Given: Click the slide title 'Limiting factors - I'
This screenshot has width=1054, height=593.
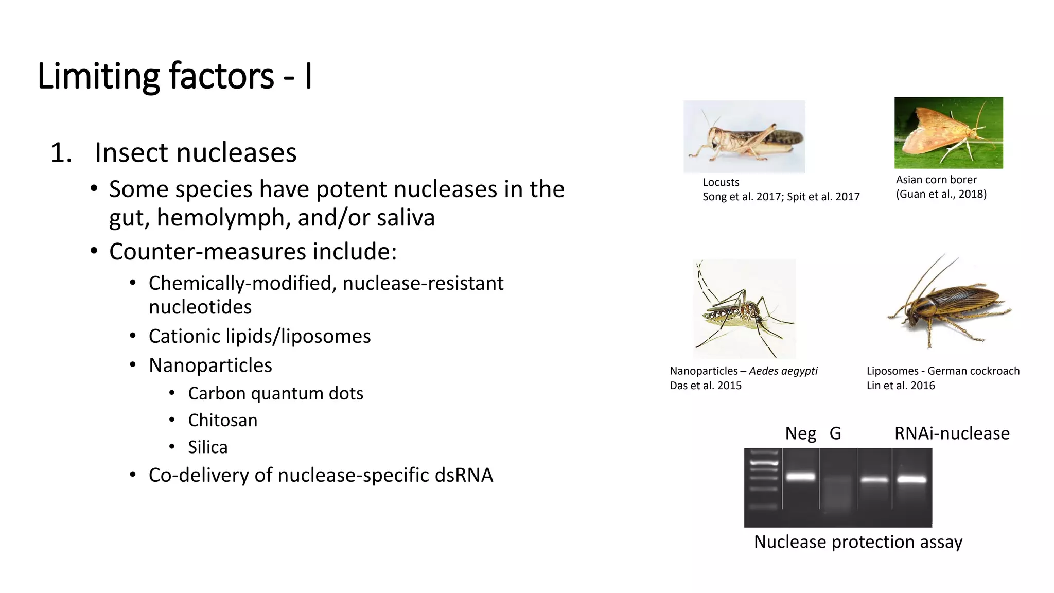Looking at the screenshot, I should tap(174, 76).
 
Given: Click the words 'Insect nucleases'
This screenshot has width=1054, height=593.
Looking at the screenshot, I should tap(196, 152).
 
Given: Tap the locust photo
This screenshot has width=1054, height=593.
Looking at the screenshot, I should tap(744, 136).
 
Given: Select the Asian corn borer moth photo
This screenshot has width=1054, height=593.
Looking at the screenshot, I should tap(948, 133).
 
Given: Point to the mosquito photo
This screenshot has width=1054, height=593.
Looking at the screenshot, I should tap(744, 309).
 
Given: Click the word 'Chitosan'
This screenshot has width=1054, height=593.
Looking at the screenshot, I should tap(222, 420).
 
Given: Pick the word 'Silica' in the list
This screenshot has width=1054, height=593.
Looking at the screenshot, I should tap(207, 447).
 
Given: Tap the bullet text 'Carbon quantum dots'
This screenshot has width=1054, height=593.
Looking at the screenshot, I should tap(275, 393).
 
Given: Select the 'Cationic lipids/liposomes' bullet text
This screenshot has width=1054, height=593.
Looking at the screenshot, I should tap(259, 336).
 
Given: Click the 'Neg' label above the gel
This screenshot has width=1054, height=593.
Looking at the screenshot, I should tap(800, 433).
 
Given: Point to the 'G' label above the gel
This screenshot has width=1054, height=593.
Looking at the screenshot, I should tap(835, 433).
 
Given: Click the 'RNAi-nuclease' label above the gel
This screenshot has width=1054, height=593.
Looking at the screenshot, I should tap(952, 433).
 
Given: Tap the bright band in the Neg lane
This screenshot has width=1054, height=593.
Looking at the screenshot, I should tap(801, 477).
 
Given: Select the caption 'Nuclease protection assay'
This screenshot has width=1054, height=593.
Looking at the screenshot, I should tap(858, 542).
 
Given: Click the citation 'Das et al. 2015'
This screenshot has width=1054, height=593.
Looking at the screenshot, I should tap(706, 386).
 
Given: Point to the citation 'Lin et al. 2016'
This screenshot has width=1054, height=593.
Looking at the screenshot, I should tap(901, 386).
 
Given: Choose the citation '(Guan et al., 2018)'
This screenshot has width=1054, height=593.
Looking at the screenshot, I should tap(941, 194).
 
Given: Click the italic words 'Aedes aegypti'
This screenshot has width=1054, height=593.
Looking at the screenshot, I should tap(783, 371).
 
